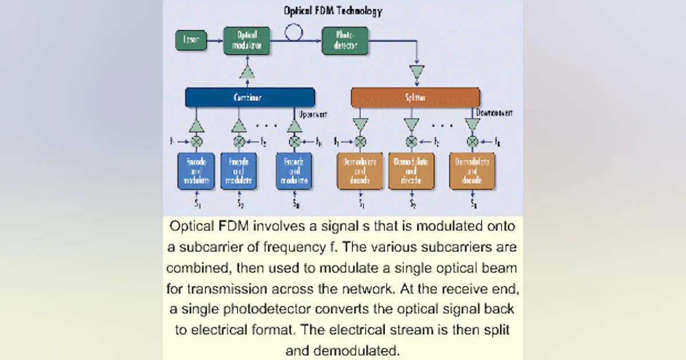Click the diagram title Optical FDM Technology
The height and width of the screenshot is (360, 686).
[x=333, y=11]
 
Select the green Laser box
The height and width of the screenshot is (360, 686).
[x=190, y=41]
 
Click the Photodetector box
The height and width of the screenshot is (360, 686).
[x=345, y=41]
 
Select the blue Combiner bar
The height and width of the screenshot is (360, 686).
[x=250, y=97]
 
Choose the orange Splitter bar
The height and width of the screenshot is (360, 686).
[x=415, y=97]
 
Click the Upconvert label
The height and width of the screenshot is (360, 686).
[x=313, y=114]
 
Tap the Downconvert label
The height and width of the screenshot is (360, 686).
[x=494, y=113]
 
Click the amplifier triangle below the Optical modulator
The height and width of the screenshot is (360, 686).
[x=248, y=73]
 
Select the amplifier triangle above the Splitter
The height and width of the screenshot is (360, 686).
[x=418, y=73]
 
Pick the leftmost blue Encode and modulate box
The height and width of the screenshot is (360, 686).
[x=196, y=171]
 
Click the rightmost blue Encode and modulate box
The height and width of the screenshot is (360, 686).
[x=294, y=171]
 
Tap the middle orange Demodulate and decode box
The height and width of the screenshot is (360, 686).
[x=411, y=171]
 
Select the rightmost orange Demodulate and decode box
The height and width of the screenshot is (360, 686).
[x=472, y=171]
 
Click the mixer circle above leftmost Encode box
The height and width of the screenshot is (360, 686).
[x=196, y=141]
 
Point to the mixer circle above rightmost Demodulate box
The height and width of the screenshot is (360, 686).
[x=472, y=141]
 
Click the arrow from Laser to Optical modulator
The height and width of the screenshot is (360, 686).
[x=214, y=41]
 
